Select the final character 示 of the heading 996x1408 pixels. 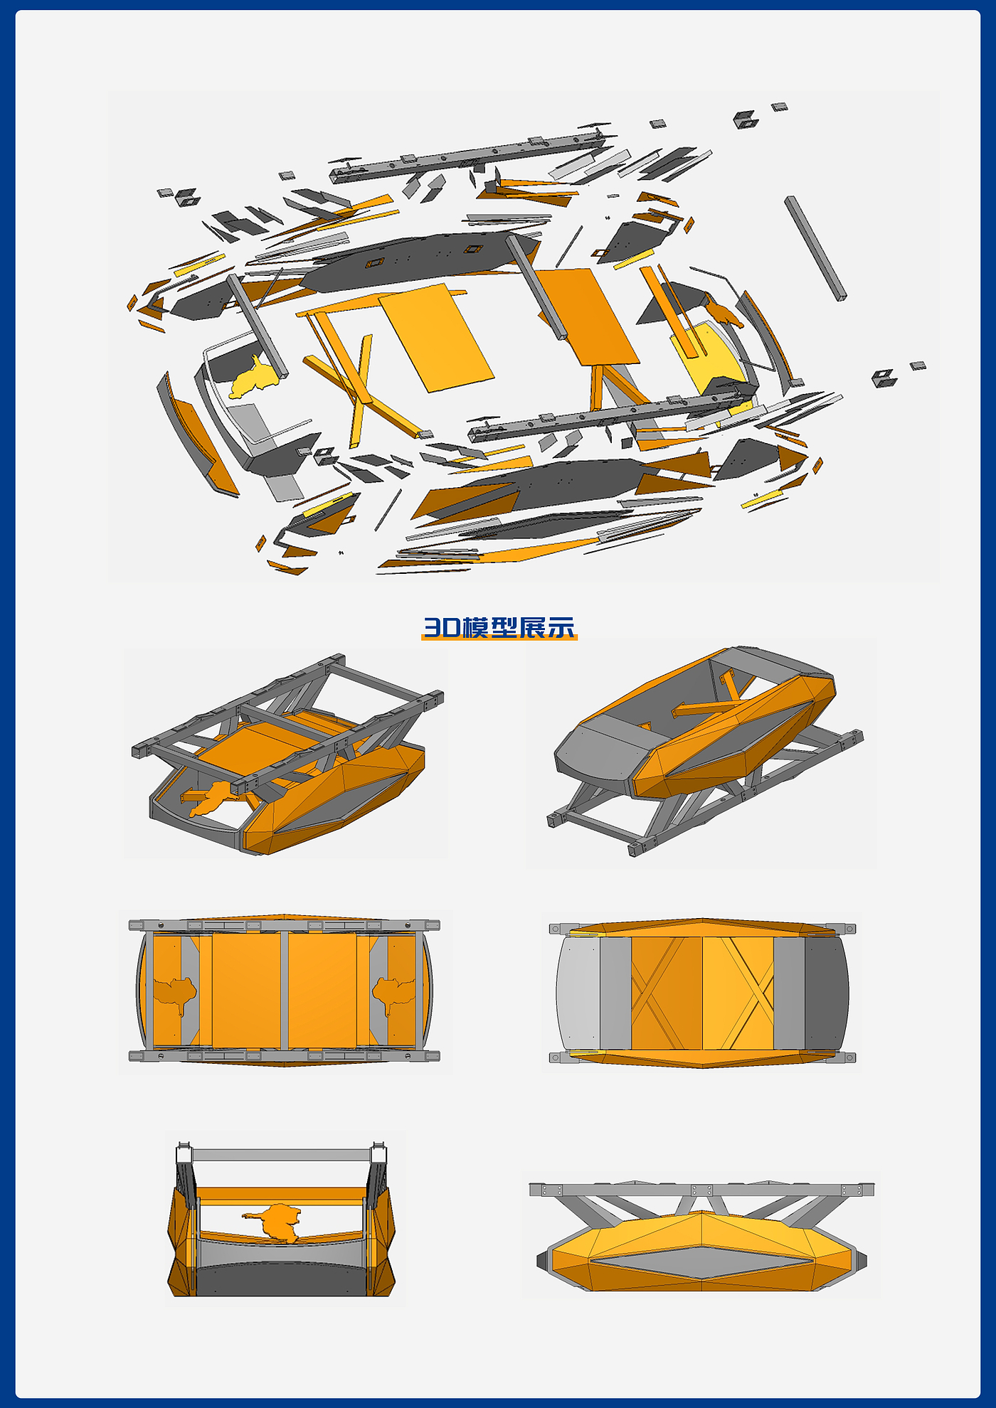pyautogui.click(x=561, y=627)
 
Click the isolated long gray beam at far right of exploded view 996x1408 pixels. pyautogui.click(x=815, y=248)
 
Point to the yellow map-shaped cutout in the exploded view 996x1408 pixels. pyautogui.click(x=253, y=378)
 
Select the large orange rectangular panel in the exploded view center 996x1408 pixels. pyautogui.click(x=436, y=337)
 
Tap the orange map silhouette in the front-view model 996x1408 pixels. pyautogui.click(x=274, y=1222)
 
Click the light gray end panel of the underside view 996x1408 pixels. pyautogui.click(x=578, y=993)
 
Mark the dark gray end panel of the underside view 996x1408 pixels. pyautogui.click(x=827, y=993)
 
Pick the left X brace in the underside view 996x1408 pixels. pyautogui.click(x=666, y=993)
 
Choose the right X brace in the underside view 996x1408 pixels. pyautogui.click(x=738, y=993)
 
